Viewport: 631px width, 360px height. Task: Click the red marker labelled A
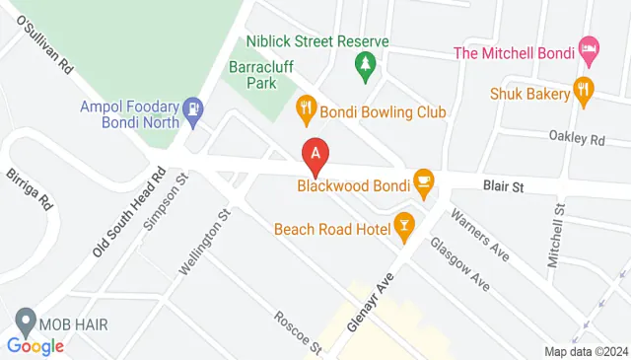315,156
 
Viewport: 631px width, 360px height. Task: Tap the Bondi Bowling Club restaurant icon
306,111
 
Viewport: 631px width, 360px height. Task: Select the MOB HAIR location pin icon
24,323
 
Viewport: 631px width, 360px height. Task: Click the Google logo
35,345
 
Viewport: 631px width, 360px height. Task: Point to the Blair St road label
502,183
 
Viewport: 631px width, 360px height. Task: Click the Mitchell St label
557,236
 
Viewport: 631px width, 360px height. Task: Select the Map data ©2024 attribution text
587,351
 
